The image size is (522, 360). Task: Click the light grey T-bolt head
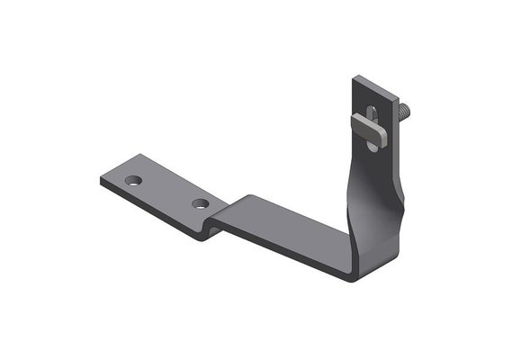click(375, 126)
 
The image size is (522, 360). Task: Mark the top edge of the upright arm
click(372, 85)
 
